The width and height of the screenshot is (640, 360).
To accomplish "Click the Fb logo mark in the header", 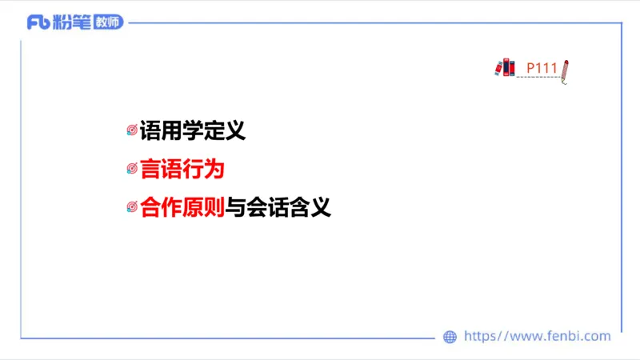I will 38,22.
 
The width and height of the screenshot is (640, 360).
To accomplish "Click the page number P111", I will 542,68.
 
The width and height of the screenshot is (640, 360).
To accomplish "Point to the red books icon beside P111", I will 505,67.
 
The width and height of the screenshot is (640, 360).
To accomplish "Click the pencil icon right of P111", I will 565,70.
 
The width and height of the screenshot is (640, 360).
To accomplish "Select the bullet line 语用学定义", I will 192,130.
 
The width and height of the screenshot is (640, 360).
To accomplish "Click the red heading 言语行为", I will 182,169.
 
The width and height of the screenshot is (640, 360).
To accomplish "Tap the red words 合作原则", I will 182,208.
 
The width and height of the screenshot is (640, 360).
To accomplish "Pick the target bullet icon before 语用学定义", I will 132,130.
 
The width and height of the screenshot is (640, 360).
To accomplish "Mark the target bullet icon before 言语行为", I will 132,170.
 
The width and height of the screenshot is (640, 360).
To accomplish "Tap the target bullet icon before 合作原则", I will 132,208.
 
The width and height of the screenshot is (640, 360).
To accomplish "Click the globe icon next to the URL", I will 450,337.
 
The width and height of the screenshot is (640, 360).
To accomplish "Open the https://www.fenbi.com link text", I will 537,337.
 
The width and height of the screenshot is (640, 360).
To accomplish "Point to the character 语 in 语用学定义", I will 150,130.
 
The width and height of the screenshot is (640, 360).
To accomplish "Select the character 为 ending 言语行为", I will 214,169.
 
